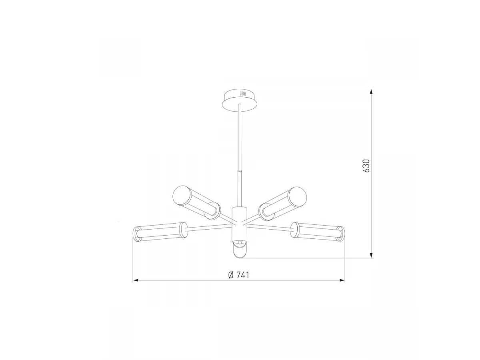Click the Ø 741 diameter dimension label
239,275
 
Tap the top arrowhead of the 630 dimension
371,92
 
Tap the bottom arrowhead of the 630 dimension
371,255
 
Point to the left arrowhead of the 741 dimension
136,280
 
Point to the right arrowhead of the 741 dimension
342,280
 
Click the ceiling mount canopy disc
240,100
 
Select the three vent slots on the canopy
243,94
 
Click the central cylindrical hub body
239,223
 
